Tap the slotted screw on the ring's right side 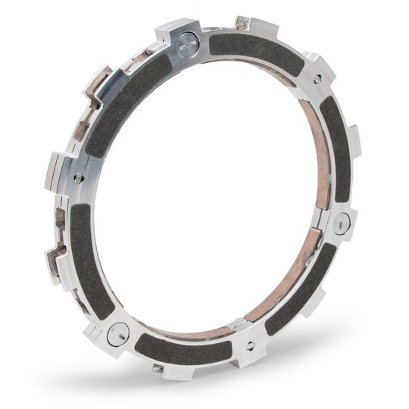[342, 222]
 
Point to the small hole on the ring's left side [80, 179]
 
